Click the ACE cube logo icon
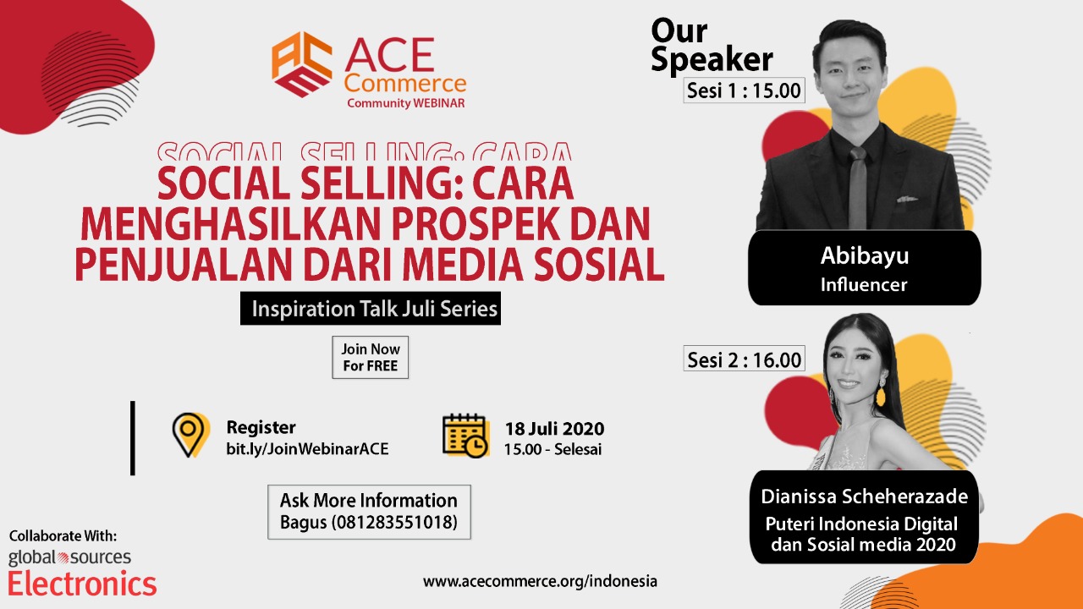click(x=302, y=64)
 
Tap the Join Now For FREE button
click(x=371, y=357)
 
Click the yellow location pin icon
click(x=190, y=435)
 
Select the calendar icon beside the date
click(x=465, y=436)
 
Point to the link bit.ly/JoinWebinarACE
click(x=307, y=449)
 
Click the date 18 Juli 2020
click(x=554, y=429)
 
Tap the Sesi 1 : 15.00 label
click(x=744, y=91)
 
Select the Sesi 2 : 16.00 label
click(x=744, y=359)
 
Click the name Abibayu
click(x=865, y=255)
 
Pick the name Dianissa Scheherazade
click(x=865, y=497)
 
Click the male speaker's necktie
click(x=858, y=188)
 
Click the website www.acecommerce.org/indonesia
click(x=540, y=581)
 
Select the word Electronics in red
click(x=82, y=584)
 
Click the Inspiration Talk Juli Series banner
click(x=371, y=309)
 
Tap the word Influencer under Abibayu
click(x=864, y=285)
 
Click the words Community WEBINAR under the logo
click(x=405, y=103)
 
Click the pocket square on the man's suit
click(x=906, y=199)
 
